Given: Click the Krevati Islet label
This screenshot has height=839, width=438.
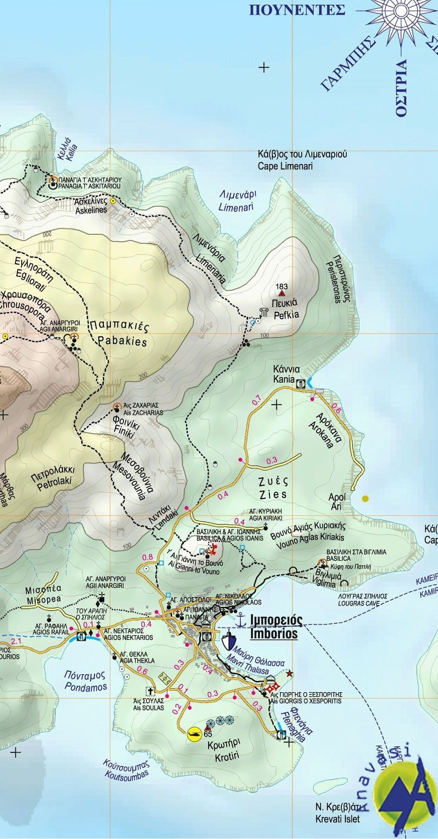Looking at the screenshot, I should coord(337,819).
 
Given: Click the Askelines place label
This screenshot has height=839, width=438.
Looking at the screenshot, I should coord(91,210).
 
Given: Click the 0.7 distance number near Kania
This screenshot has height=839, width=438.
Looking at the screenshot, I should coord(256,401).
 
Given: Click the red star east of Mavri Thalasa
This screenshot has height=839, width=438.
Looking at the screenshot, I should coord(290,672).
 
